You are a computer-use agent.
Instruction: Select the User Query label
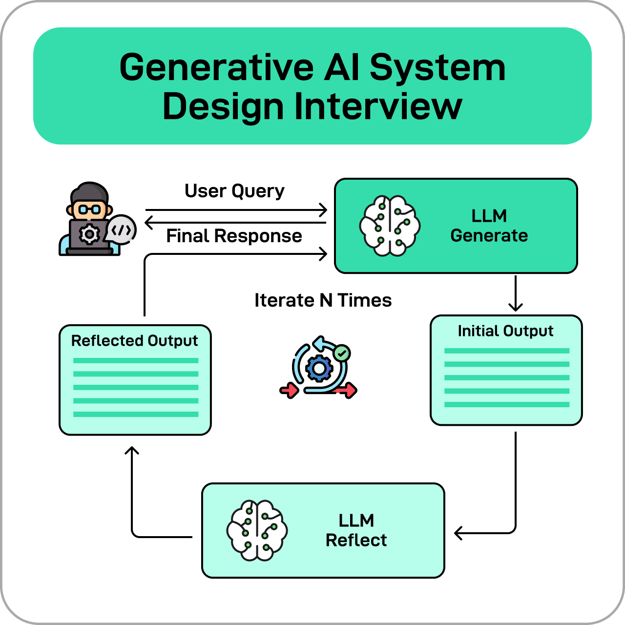point(234,191)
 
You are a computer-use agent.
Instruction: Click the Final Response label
point(234,236)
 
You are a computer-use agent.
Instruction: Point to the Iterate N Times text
point(323,300)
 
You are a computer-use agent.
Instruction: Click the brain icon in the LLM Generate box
point(390,226)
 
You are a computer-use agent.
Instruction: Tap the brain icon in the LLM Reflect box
point(257,530)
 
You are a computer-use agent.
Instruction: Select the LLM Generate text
point(489,226)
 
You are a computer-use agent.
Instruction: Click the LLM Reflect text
point(356,530)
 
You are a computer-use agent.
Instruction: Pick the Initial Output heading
point(505,331)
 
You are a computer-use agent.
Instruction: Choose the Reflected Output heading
point(134,341)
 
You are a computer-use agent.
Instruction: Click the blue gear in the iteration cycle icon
point(319,369)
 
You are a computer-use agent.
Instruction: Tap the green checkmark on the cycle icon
point(342,353)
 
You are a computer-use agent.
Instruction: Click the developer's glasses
point(89,210)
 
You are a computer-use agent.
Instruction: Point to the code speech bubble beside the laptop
point(121,229)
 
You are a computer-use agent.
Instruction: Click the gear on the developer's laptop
point(89,235)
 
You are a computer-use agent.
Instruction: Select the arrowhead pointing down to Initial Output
point(516,307)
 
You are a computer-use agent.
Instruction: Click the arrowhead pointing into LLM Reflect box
point(458,533)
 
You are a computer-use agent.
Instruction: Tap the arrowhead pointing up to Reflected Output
point(132,450)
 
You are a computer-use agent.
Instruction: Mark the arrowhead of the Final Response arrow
point(149,223)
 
